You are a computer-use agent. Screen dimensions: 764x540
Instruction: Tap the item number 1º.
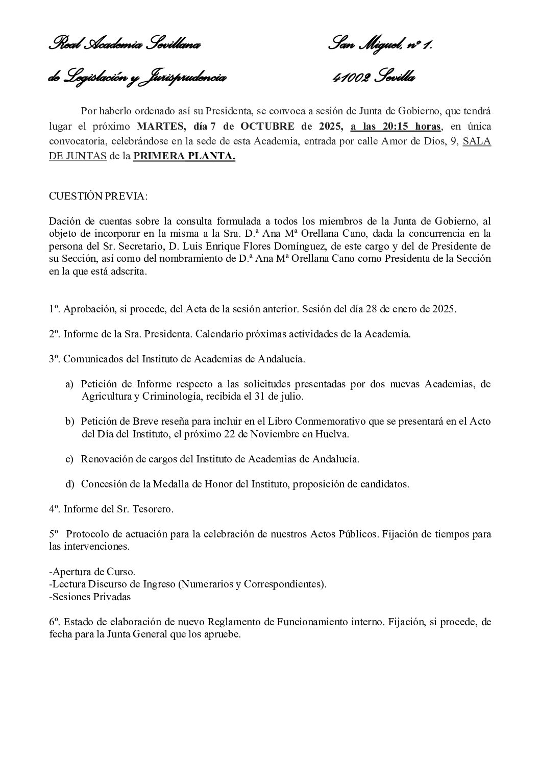pyautogui.click(x=55, y=309)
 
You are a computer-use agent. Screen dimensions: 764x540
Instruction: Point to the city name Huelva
pyautogui.click(x=333, y=434)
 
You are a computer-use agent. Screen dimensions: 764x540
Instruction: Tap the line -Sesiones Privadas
pyautogui.click(x=90, y=597)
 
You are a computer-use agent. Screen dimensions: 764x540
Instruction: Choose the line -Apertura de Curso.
pyautogui.click(x=92, y=571)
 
